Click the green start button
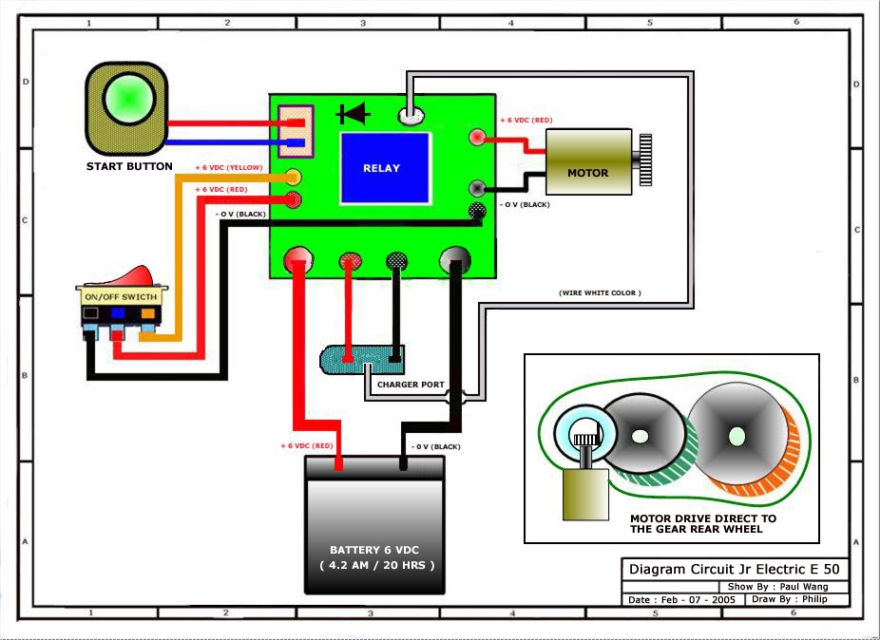pyautogui.click(x=129, y=100)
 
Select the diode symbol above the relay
pyautogui.click(x=354, y=115)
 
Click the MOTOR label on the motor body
pyautogui.click(x=587, y=173)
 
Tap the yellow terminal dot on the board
pyautogui.click(x=294, y=177)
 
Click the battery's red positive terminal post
pyautogui.click(x=339, y=464)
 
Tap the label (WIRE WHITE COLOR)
pyautogui.click(x=600, y=293)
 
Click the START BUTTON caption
pyautogui.click(x=129, y=167)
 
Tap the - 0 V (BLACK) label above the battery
pyautogui.click(x=435, y=445)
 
